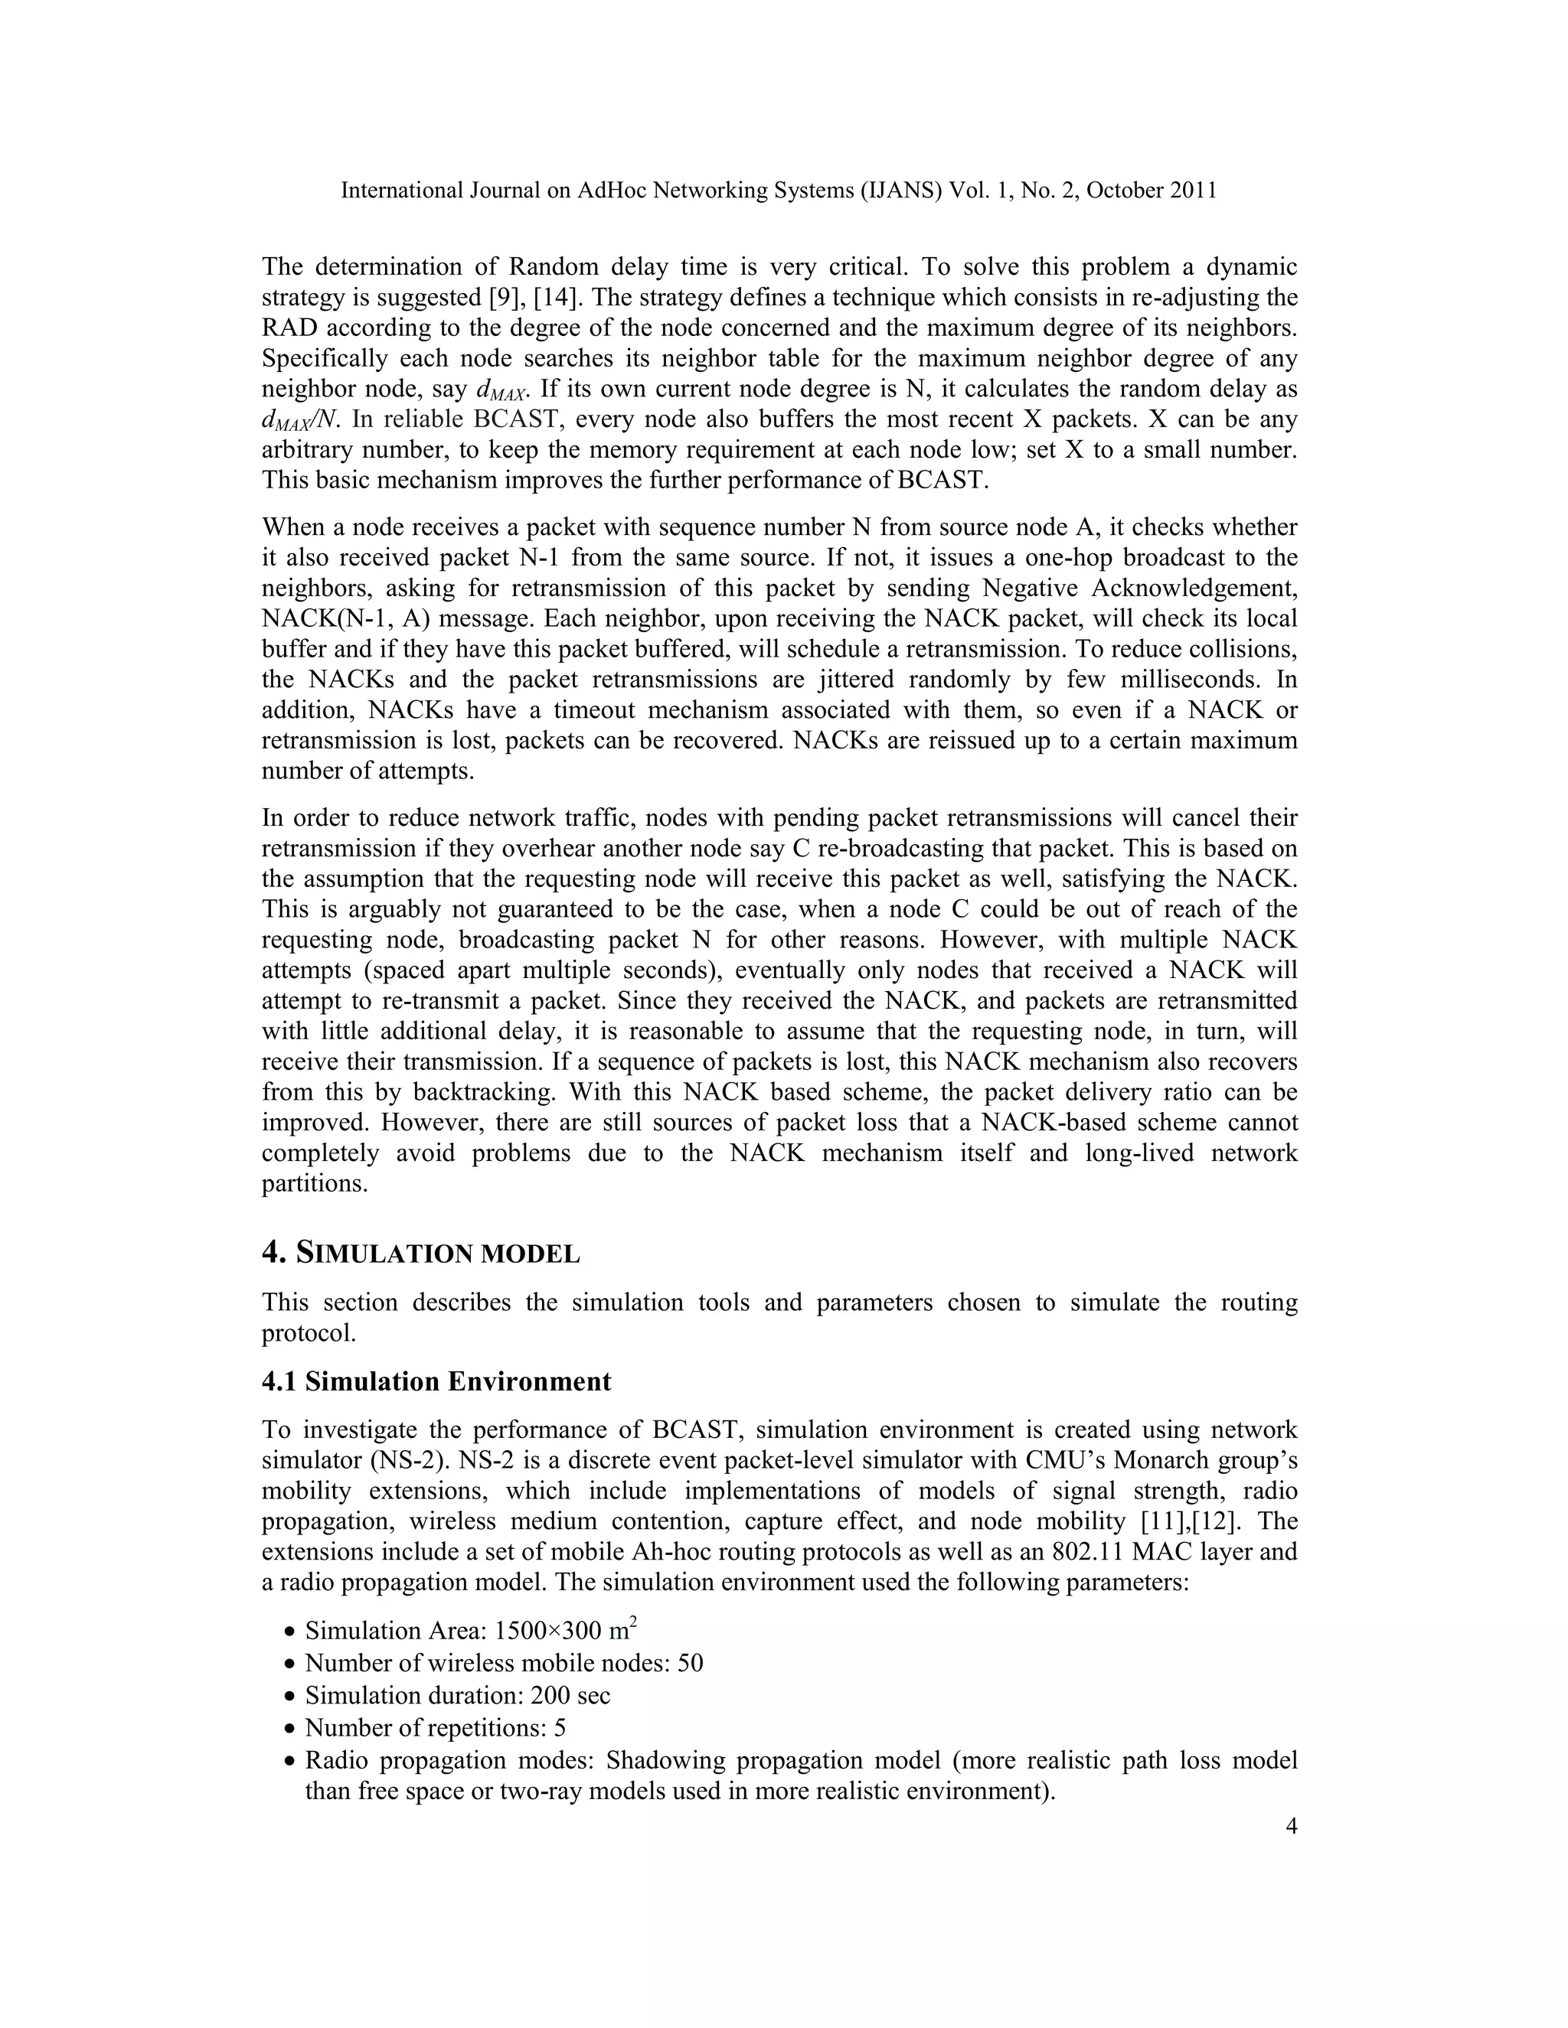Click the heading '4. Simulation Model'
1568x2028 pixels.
coord(421,1254)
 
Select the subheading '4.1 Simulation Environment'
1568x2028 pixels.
coord(436,1381)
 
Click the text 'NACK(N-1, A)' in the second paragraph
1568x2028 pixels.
coord(338,618)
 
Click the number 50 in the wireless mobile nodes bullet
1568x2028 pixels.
coord(690,1663)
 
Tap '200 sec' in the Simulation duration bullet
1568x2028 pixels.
coord(570,1696)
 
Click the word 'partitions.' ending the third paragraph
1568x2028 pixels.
coord(315,1184)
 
